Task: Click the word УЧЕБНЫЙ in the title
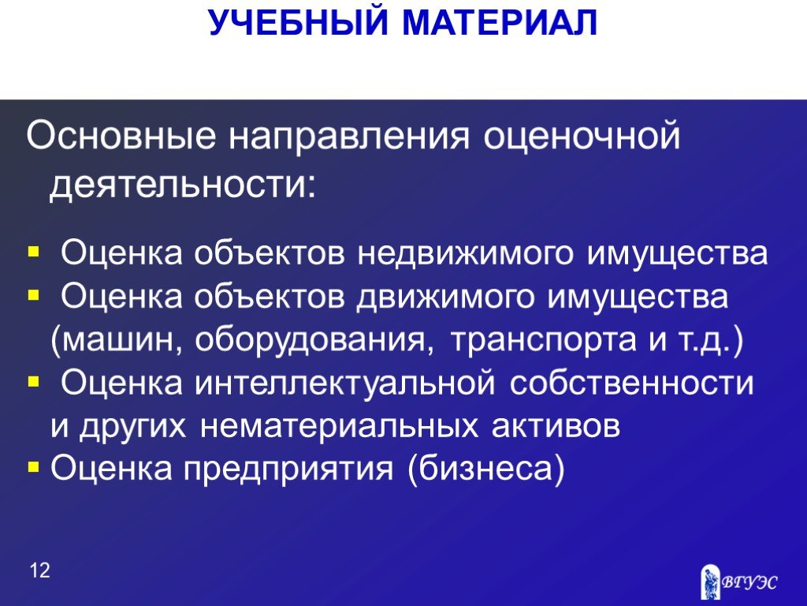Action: point(298,23)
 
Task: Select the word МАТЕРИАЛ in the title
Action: point(500,23)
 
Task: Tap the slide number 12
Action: point(39,570)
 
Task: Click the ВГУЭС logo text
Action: point(749,582)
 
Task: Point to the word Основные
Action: point(121,136)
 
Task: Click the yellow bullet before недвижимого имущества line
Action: point(33,252)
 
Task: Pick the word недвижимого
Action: point(465,253)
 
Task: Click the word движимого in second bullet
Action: point(444,297)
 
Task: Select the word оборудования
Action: point(311,340)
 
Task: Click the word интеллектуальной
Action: point(345,383)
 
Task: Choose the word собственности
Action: point(631,383)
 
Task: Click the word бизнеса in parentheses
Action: point(485,468)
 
